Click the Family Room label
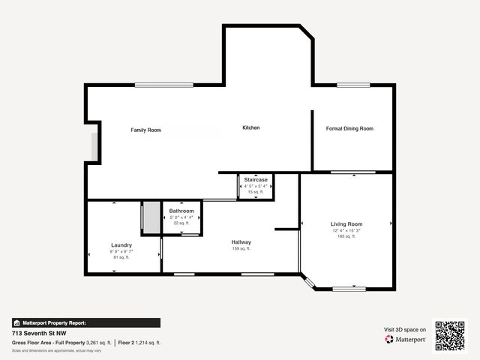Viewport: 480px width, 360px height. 145,130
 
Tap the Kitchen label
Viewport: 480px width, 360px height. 250,128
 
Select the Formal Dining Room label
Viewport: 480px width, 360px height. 349,129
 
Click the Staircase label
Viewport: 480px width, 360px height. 256,180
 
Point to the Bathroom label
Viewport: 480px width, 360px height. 181,211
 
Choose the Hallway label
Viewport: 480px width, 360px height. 241,242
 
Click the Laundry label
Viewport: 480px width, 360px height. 121,245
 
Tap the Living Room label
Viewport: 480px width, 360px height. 346,224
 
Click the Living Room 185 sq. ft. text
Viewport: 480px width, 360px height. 346,236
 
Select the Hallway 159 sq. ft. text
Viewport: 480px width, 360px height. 241,249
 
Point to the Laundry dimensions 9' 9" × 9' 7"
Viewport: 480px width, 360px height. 121,251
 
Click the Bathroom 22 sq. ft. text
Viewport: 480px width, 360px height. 181,223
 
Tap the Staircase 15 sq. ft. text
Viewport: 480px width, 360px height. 256,192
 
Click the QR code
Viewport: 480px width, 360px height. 450,335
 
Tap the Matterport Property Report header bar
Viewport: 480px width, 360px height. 85,322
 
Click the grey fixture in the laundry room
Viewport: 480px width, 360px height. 151,217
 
